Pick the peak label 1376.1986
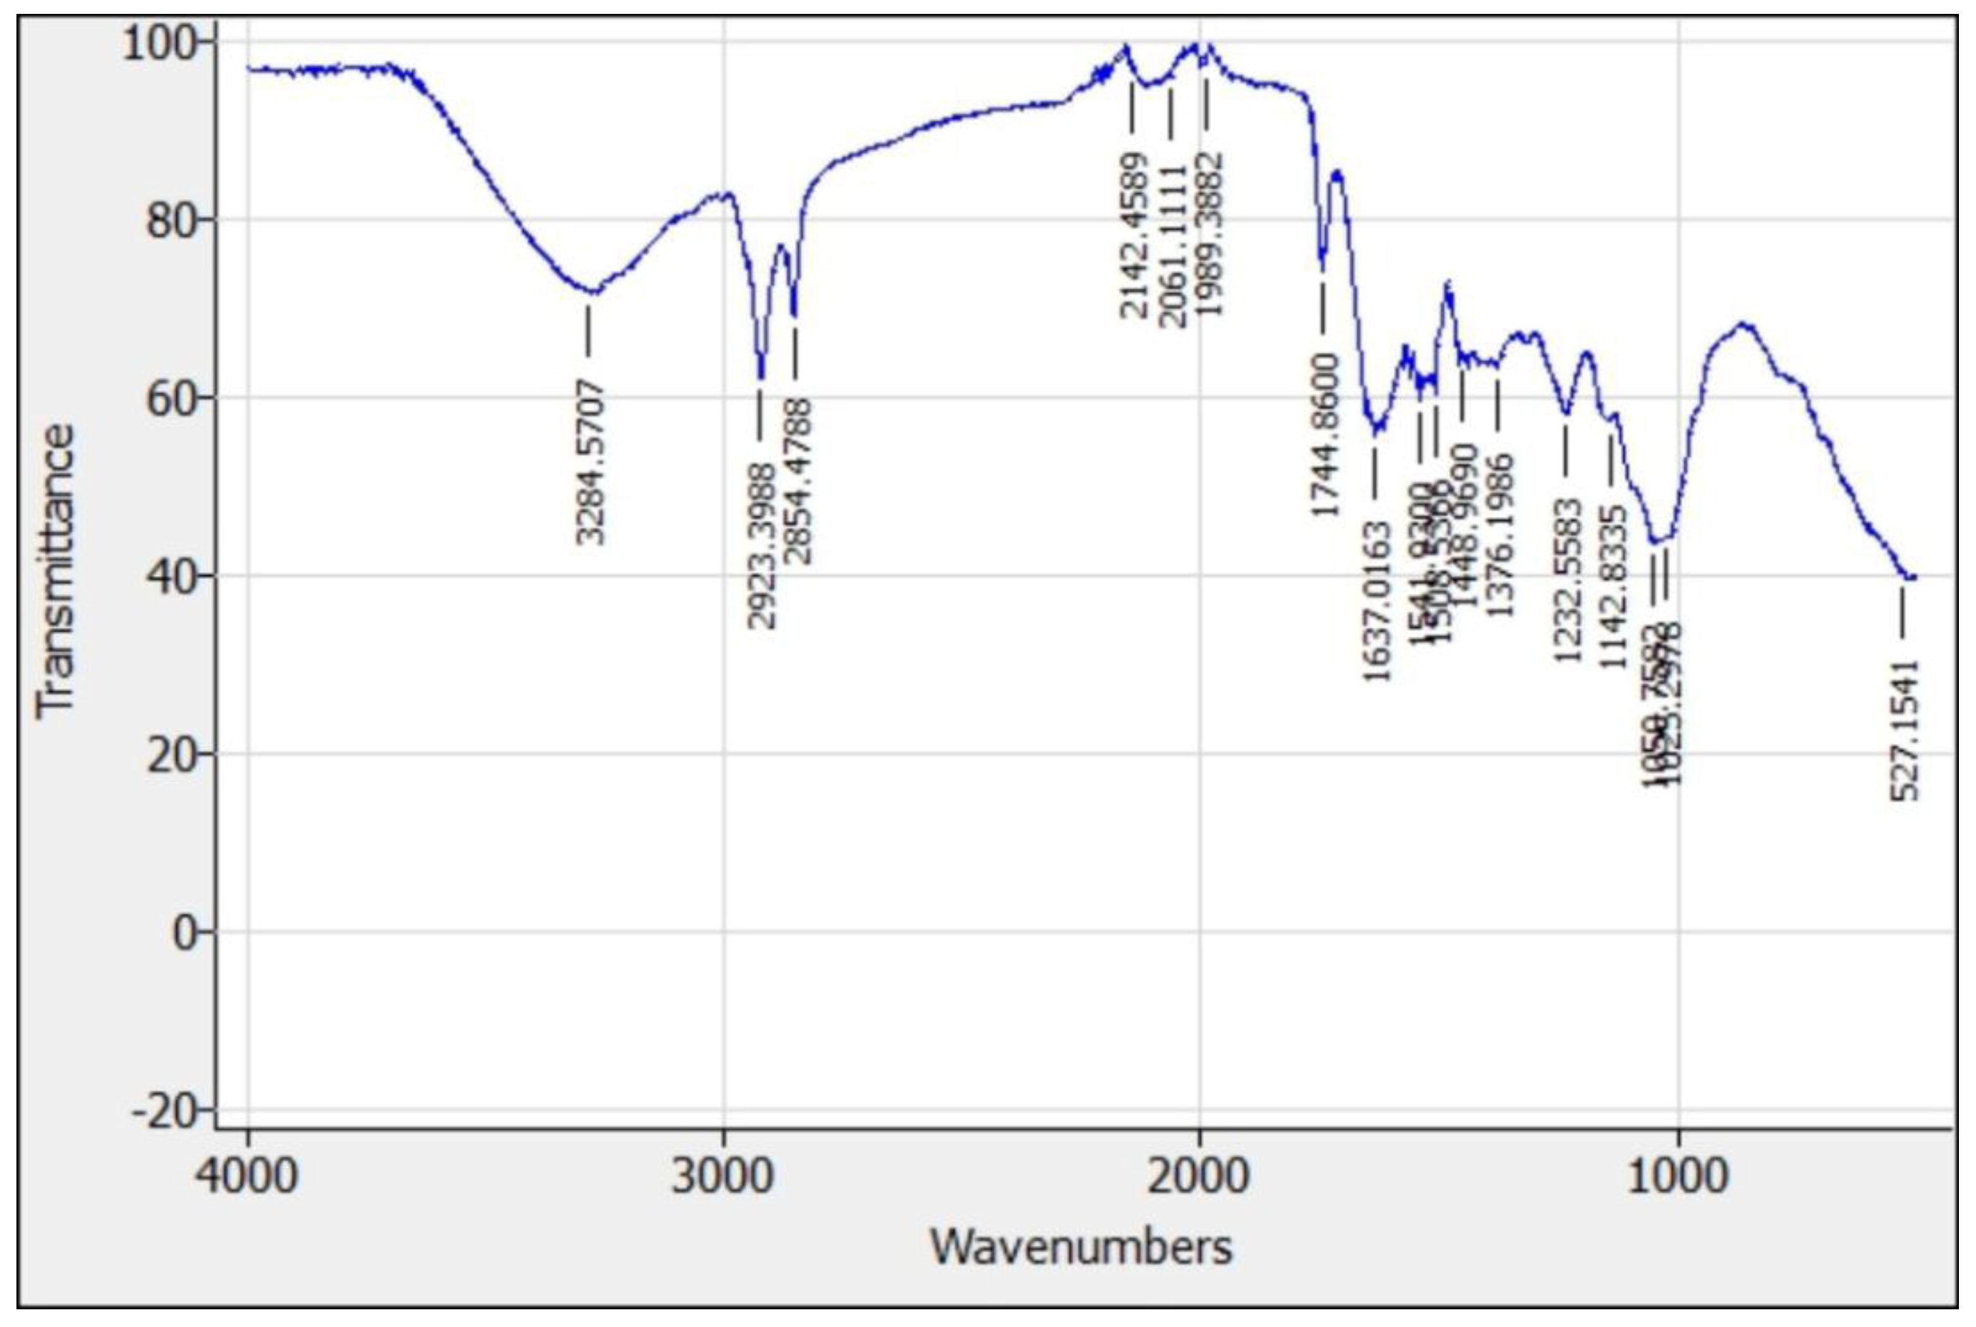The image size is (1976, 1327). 1500,535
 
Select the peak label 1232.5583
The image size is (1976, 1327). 1568,580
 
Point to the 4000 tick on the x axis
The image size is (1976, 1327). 247,1177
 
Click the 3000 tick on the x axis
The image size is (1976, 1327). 723,1177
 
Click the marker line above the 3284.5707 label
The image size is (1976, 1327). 589,330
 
